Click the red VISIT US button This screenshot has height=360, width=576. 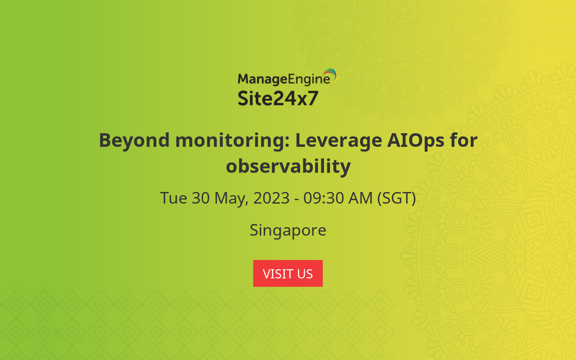tap(288, 273)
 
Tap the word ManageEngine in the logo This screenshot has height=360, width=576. tap(283, 79)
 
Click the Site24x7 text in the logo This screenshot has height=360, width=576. tap(278, 98)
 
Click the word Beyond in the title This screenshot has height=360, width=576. tap(134, 140)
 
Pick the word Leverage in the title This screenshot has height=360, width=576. tap(338, 140)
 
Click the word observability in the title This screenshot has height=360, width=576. tap(288, 166)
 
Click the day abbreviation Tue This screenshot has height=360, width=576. tap(173, 198)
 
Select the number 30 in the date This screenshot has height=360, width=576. tap(200, 198)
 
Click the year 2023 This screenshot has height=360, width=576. tap(271, 198)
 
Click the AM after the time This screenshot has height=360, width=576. tap(361, 198)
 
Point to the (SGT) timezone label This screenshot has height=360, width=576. tap(396, 198)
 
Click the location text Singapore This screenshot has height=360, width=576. tap(288, 230)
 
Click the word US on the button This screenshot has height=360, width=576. tap(305, 274)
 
